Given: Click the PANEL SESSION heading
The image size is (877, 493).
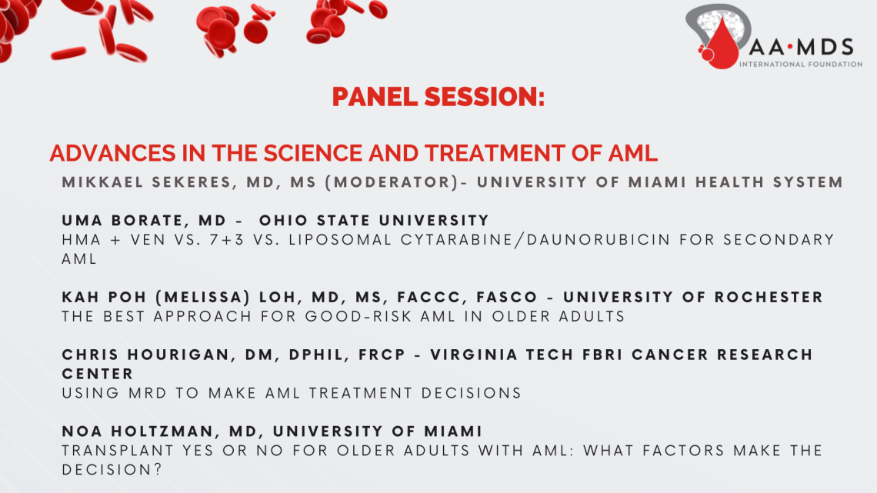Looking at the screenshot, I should click(x=438, y=98).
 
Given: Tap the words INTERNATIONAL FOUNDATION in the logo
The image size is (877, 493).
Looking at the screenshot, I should click(x=800, y=65).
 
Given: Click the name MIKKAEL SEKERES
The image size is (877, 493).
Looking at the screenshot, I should click(x=154, y=183).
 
